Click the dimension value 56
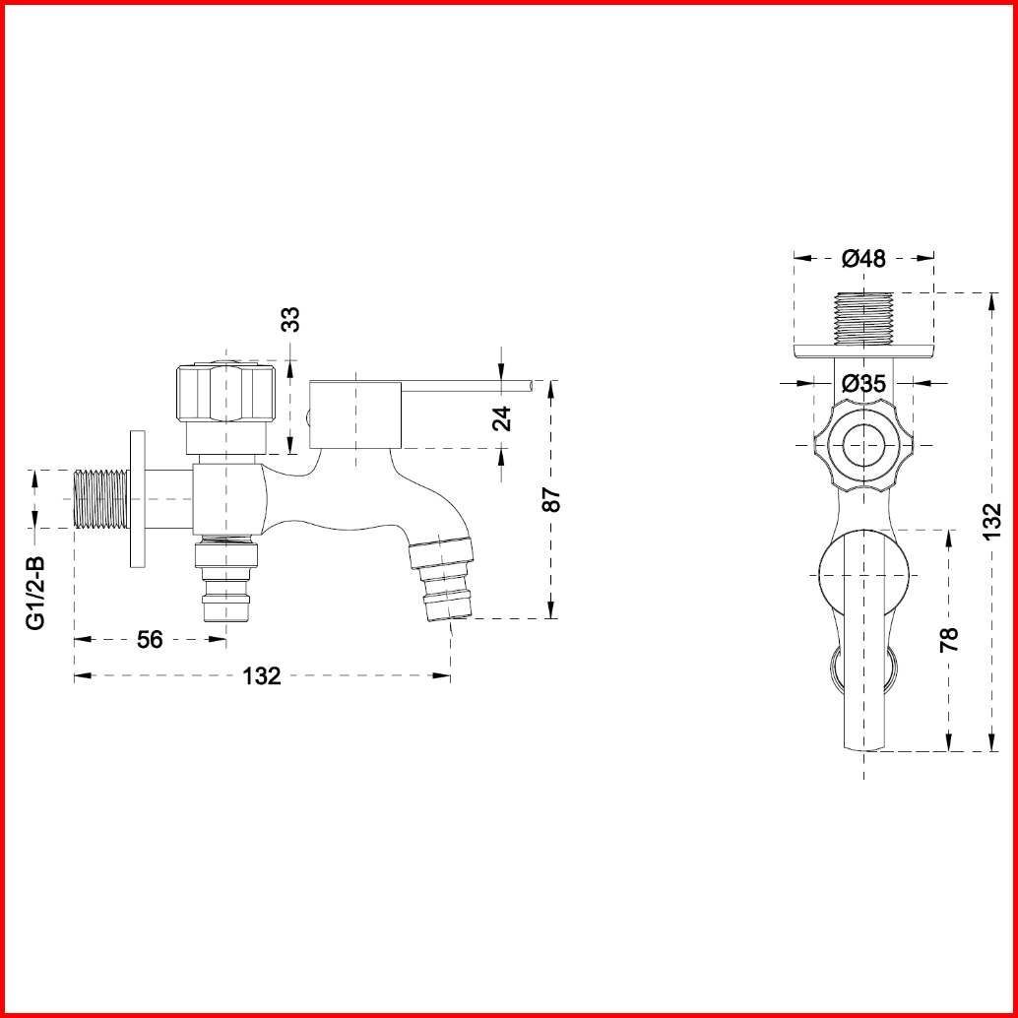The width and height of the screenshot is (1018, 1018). (x=150, y=640)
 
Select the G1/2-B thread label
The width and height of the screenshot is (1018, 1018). (x=35, y=592)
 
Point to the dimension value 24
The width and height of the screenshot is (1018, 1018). (x=502, y=418)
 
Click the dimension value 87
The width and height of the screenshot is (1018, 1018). (x=551, y=499)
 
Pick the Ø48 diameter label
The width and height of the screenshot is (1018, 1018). (x=863, y=258)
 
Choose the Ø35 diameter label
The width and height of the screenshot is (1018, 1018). (x=863, y=384)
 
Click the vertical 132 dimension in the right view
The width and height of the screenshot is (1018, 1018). (x=992, y=522)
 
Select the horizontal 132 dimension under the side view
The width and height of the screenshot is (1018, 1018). (x=262, y=676)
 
